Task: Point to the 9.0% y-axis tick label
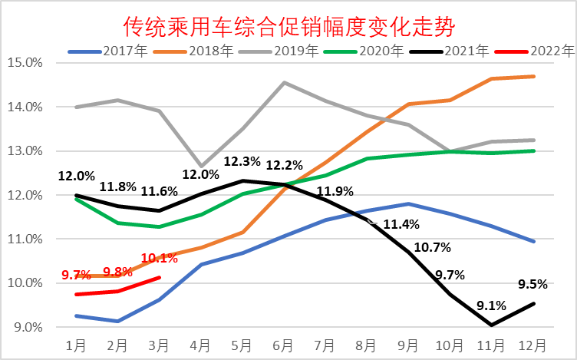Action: pyautogui.click(x=25, y=328)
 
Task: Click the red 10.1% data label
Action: pyautogui.click(x=160, y=259)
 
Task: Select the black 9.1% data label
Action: pyautogui.click(x=491, y=305)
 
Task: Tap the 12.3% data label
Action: pyautogui.click(x=241, y=163)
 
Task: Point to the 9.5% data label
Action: pyautogui.click(x=532, y=284)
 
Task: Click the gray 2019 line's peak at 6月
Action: pyautogui.click(x=285, y=82)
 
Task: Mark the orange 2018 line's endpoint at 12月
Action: pyautogui.click(x=534, y=76)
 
